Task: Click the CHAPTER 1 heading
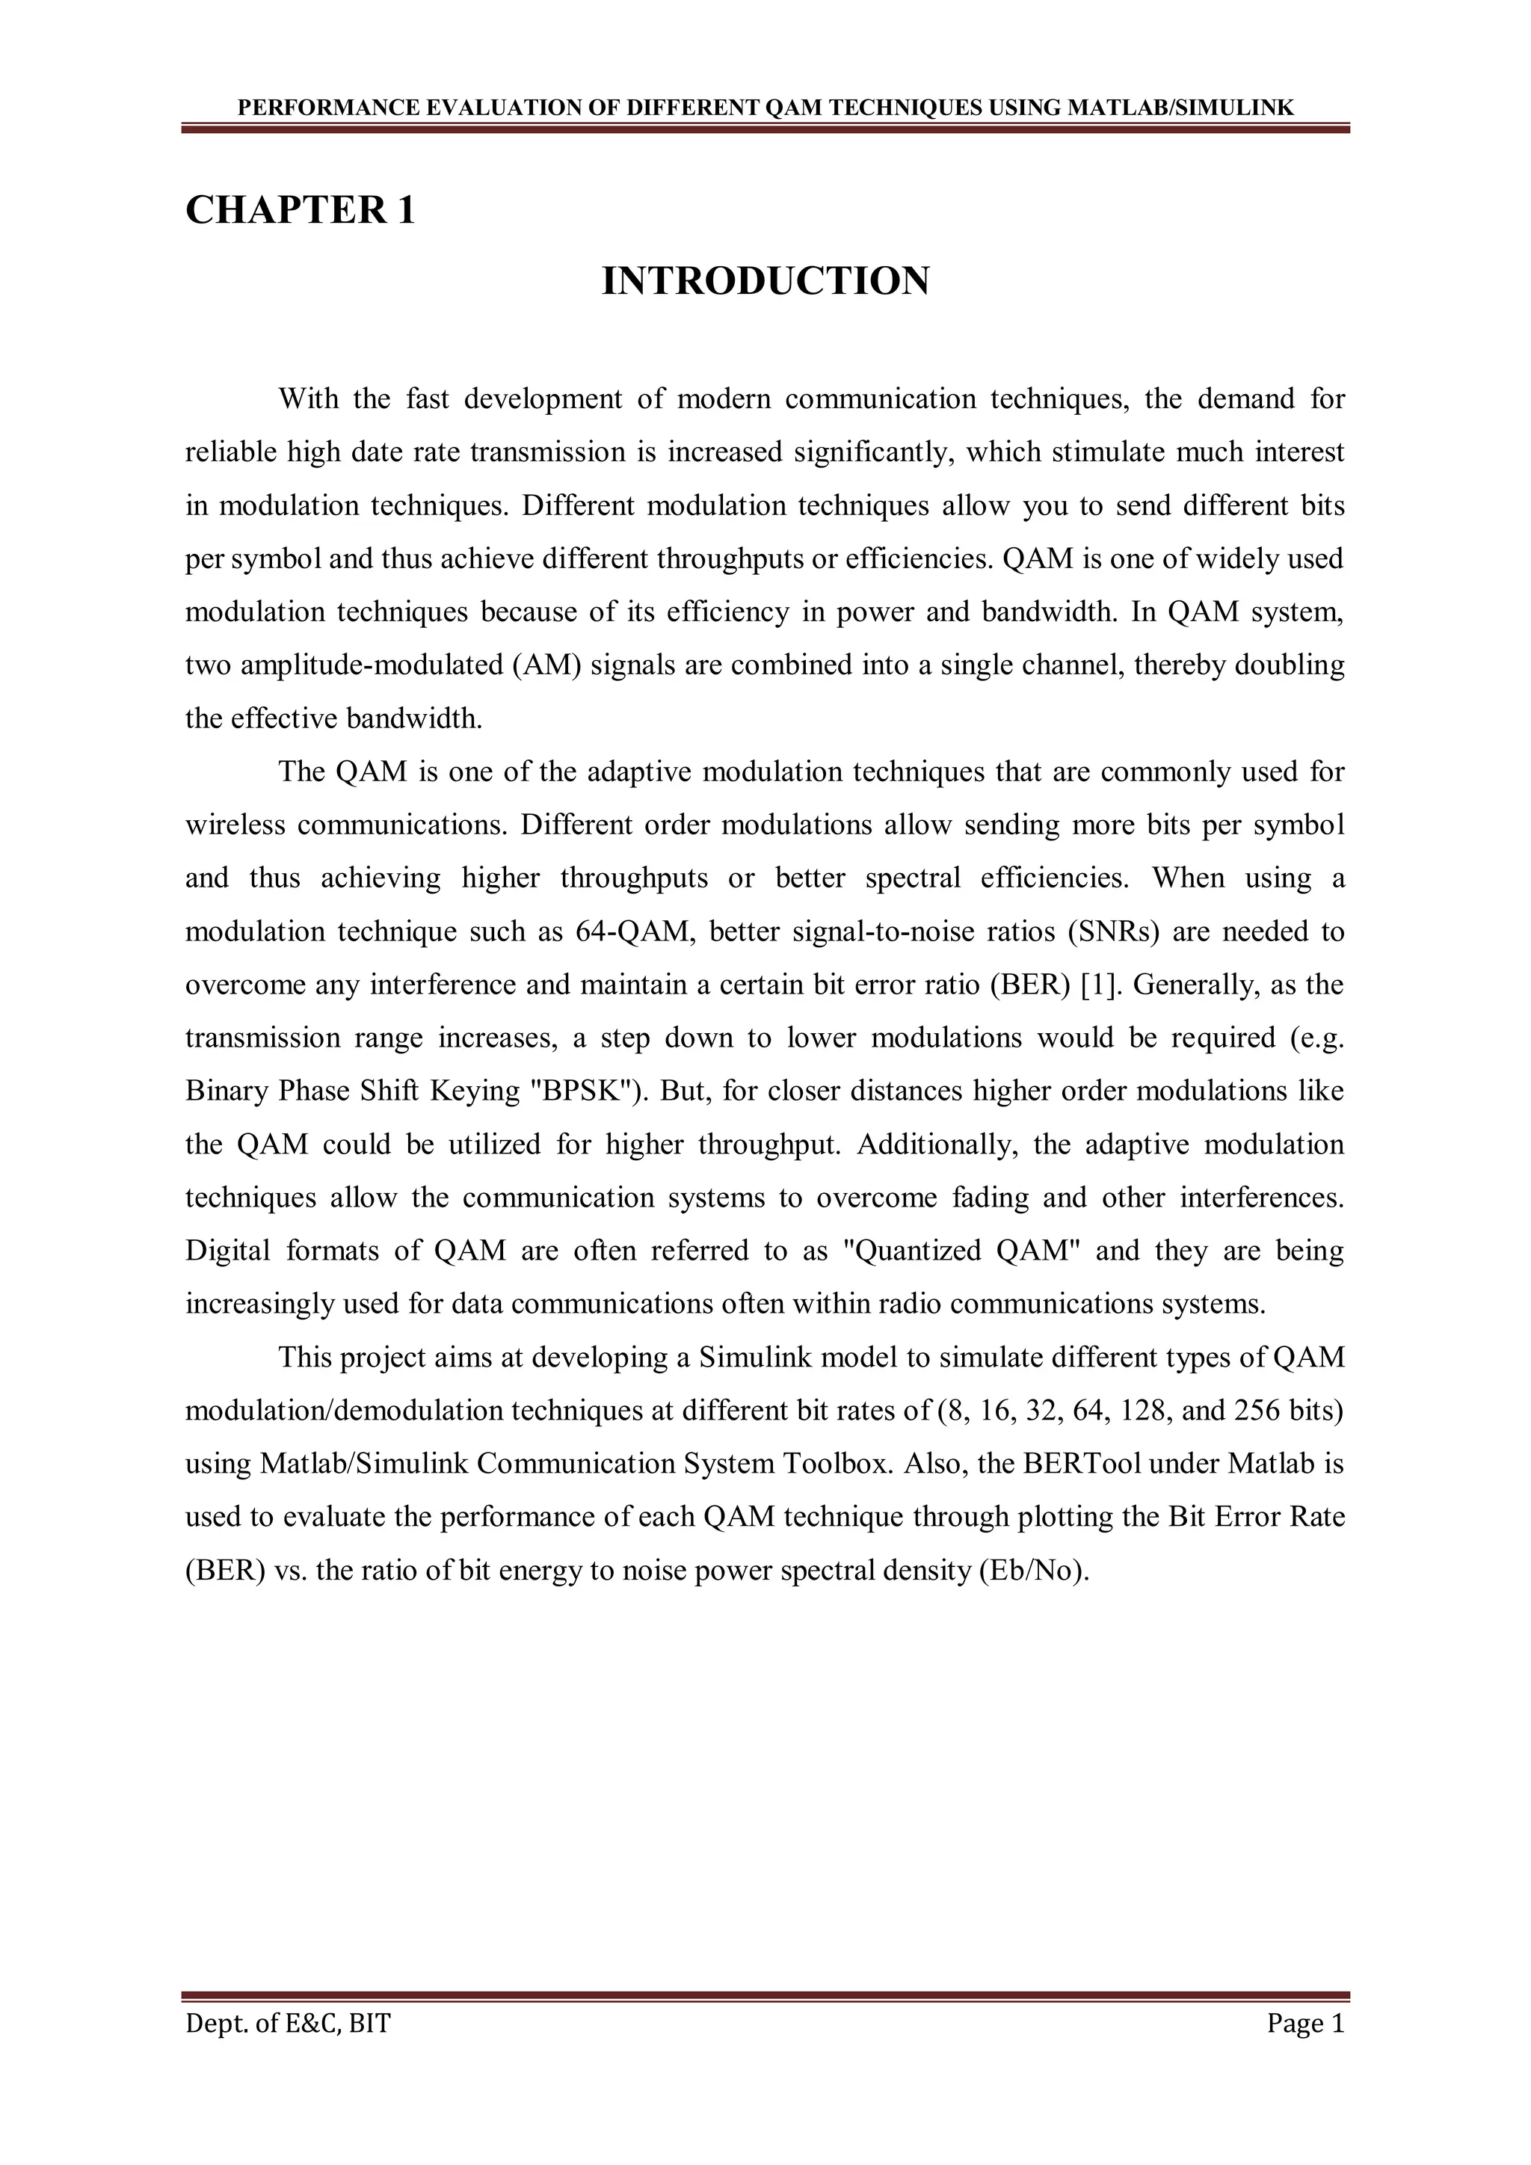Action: (300, 209)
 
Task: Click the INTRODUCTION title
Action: (765, 281)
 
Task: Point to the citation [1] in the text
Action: (1099, 985)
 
